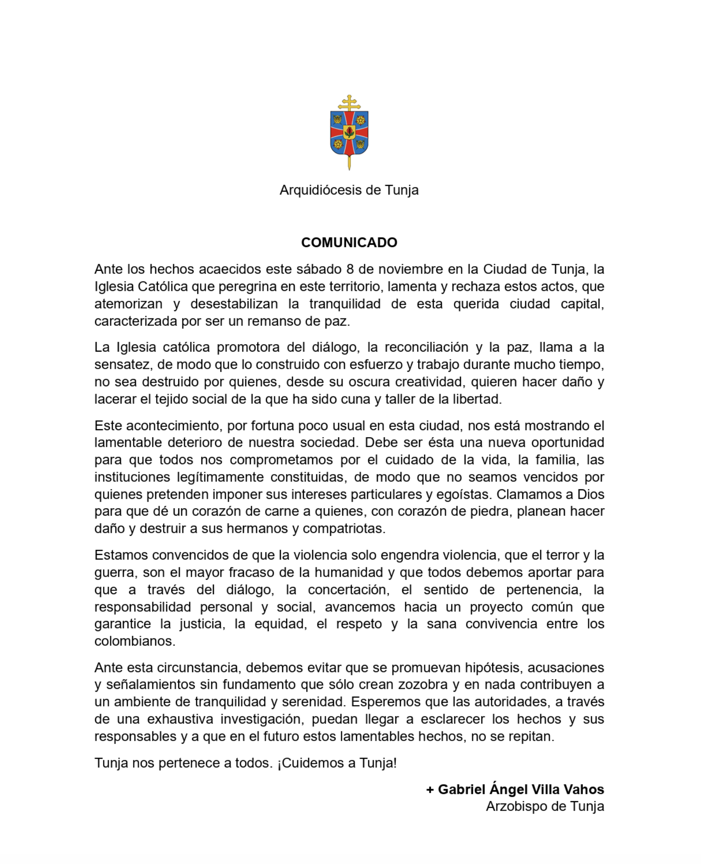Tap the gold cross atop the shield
(349, 103)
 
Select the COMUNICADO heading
(349, 243)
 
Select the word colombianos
(134, 641)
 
